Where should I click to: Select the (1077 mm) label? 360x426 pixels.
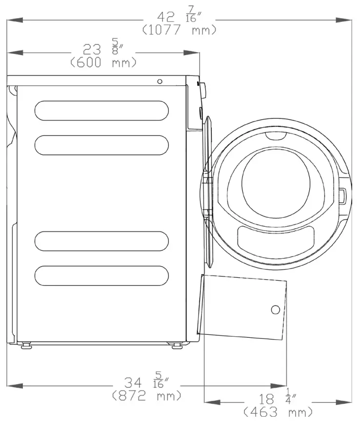tap(180, 30)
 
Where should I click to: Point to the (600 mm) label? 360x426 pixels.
tap(103, 62)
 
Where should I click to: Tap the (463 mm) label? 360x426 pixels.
tap(278, 413)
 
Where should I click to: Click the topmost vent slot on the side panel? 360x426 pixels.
tap(102, 110)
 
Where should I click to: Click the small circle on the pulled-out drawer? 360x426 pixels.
tap(275, 310)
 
